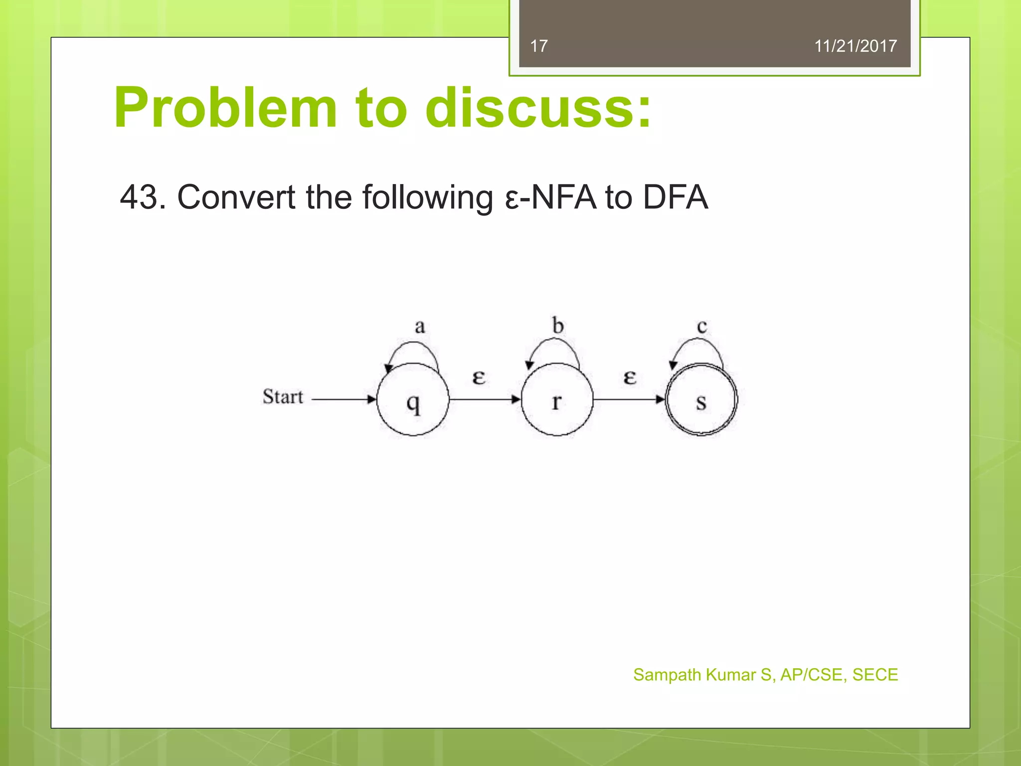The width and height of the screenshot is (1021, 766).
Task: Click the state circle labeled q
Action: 413,399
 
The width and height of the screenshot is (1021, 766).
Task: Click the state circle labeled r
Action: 557,399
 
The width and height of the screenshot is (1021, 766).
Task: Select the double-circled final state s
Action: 701,399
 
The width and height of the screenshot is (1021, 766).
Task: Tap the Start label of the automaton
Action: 283,397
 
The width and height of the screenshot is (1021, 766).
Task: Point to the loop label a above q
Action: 420,327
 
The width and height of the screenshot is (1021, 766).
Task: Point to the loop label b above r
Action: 558,326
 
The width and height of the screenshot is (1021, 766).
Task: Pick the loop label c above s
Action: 702,327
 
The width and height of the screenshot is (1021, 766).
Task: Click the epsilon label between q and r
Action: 479,378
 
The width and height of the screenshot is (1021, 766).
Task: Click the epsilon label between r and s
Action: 630,378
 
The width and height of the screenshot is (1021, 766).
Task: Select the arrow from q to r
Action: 485,399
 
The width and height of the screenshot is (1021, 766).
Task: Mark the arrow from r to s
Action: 629,399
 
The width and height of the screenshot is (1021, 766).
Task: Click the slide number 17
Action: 538,46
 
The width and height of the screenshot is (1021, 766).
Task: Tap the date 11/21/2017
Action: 855,46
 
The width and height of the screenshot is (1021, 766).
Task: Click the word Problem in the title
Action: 225,108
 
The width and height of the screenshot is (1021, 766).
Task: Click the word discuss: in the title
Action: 538,108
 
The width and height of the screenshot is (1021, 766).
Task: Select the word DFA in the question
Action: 675,197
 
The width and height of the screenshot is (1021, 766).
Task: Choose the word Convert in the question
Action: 236,197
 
